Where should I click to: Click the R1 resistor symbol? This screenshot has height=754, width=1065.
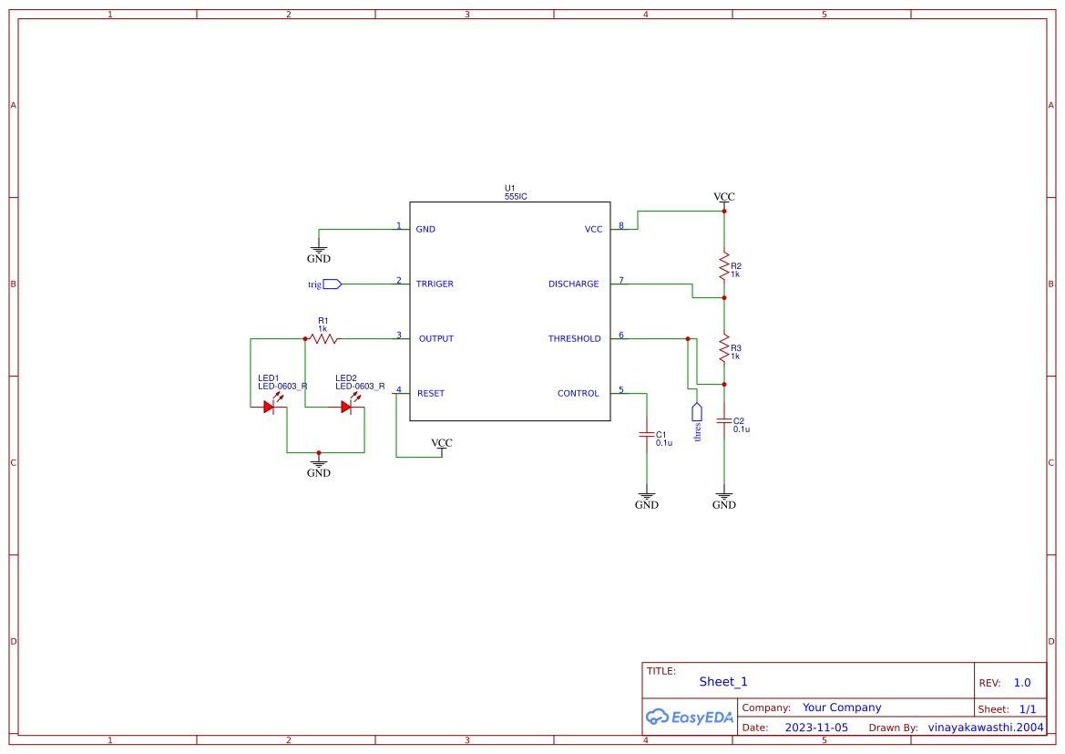click(323, 339)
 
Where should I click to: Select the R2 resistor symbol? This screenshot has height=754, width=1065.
click(724, 266)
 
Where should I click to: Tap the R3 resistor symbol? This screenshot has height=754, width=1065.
click(724, 347)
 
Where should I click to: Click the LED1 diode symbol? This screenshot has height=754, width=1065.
click(270, 407)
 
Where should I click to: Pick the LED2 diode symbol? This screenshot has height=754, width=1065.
click(346, 407)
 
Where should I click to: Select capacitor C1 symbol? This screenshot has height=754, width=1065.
click(646, 435)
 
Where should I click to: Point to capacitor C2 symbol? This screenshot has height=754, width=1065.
click(724, 421)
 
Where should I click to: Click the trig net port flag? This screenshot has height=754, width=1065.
click(332, 284)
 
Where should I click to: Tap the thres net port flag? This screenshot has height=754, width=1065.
click(697, 411)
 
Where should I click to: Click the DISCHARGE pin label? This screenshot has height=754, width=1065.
click(573, 284)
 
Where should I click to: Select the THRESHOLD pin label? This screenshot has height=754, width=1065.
click(574, 339)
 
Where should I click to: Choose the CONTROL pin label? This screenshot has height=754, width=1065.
click(578, 394)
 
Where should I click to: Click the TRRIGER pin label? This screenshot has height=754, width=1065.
click(435, 284)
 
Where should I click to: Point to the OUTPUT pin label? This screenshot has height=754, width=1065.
click(435, 339)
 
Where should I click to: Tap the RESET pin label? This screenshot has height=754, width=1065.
click(431, 394)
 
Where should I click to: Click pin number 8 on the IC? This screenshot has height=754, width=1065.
click(621, 225)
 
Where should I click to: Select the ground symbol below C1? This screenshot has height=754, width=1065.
click(646, 498)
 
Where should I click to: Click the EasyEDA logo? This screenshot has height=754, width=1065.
click(689, 718)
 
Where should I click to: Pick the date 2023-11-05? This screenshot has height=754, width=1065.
click(816, 728)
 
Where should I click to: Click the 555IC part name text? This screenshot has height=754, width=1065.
click(516, 196)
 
